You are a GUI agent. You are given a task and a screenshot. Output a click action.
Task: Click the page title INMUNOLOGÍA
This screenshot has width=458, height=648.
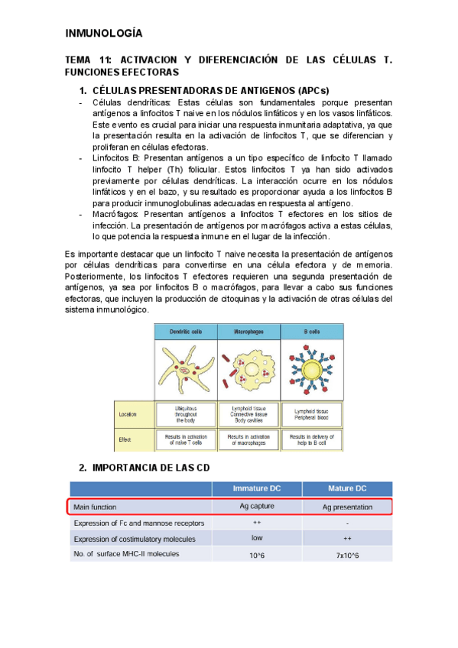point(103,34)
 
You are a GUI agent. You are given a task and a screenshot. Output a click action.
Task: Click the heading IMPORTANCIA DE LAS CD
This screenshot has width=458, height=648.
point(150,467)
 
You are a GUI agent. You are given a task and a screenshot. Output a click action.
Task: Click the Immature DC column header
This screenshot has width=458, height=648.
point(256,488)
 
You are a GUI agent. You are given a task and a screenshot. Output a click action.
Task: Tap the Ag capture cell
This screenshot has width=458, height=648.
point(256,506)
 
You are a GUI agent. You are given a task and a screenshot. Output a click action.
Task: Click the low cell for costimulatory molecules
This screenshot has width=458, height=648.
point(256,538)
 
